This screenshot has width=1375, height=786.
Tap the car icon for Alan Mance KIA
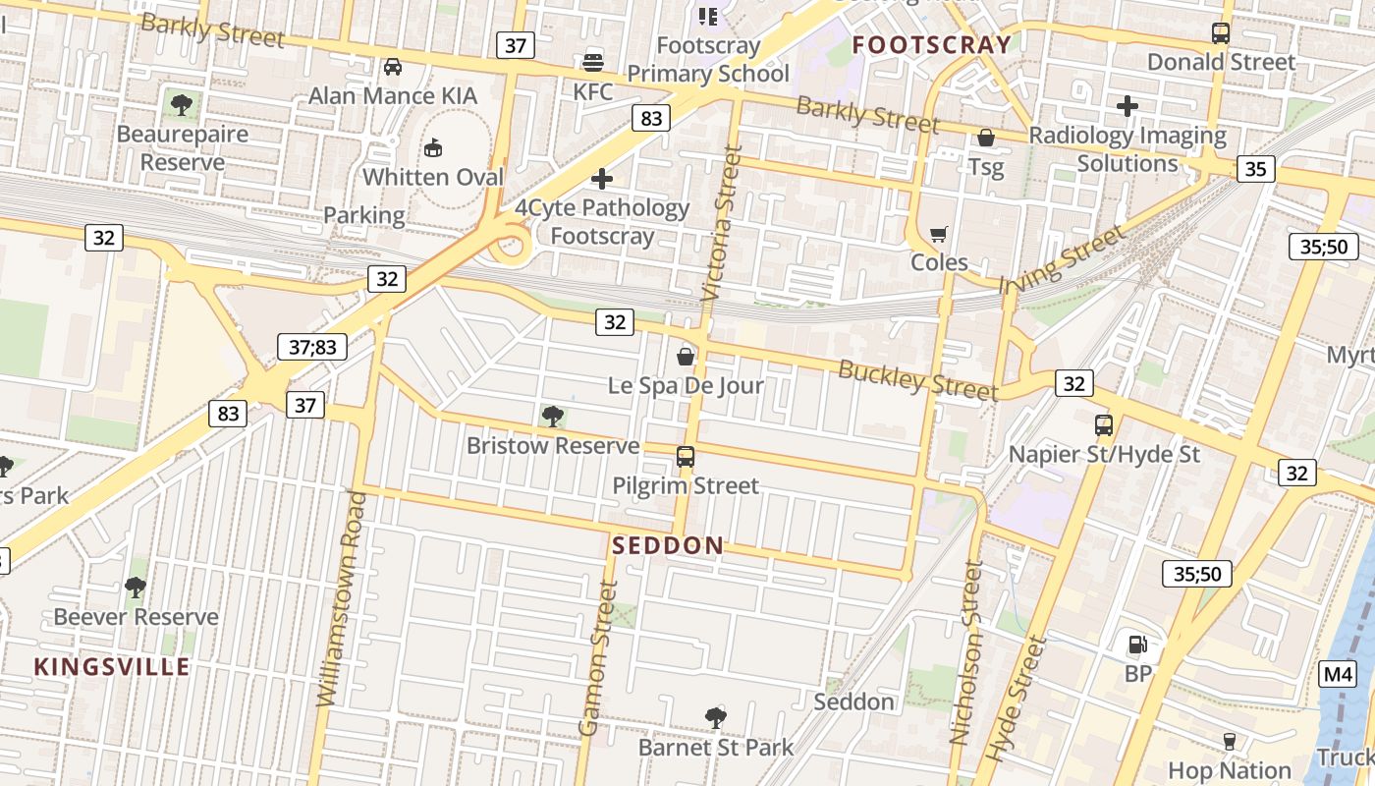pos(393,67)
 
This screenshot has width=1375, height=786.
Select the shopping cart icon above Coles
pos(939,234)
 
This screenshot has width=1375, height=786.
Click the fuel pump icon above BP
pos(1137,645)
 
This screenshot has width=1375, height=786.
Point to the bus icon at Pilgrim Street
pos(686,457)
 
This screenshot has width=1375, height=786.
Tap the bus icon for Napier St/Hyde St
pos(1104,425)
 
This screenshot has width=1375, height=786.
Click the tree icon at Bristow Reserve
pos(553,417)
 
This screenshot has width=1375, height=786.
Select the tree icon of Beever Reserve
pos(136,588)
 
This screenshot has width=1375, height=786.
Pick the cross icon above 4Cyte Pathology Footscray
pos(602,179)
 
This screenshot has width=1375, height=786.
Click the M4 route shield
pos(1337,674)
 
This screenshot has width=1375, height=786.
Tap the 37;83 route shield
pos(312,346)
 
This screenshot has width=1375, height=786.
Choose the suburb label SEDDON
pos(668,545)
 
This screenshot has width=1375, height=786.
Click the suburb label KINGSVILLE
pos(112,667)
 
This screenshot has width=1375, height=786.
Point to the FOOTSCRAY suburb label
pos(931,44)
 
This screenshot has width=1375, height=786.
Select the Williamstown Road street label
pos(341,599)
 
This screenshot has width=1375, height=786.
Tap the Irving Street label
pos(1061,259)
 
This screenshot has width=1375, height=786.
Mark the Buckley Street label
pos(917,379)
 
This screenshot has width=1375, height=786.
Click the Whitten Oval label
pos(432,177)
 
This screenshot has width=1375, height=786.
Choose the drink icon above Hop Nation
pos(1229,741)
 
